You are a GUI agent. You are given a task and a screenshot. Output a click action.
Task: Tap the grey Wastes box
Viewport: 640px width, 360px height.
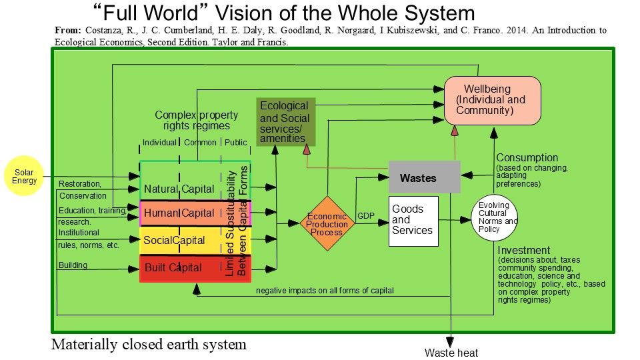coord(424,177)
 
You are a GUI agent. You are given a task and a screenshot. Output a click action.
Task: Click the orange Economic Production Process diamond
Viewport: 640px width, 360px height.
coord(327,223)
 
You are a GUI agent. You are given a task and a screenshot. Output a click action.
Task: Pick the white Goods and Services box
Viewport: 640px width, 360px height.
coord(413,221)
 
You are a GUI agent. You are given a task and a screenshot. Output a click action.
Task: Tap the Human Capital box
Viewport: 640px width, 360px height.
coord(180,213)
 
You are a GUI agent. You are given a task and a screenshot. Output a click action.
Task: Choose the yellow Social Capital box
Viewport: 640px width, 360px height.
coord(180,240)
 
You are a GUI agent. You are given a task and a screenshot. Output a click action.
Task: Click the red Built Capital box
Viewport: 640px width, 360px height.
coord(180,268)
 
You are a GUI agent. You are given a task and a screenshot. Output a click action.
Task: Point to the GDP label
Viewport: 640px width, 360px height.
coord(366,216)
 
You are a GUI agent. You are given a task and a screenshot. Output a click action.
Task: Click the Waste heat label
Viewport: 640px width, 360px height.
coord(451,353)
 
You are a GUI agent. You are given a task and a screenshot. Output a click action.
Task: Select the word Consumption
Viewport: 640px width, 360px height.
coord(527,158)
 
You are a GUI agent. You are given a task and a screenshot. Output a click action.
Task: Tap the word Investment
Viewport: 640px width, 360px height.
coord(524,251)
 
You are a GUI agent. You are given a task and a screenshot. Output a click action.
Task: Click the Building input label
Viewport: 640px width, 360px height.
coord(73,265)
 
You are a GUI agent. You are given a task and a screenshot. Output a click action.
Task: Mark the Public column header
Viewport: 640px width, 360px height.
coord(235,142)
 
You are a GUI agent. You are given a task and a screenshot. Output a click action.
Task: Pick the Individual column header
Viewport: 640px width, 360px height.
coord(159,142)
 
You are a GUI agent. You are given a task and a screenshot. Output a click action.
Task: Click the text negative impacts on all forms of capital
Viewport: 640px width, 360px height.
coord(325,290)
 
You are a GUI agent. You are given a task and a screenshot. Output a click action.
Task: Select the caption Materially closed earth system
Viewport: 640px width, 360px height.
coord(149,345)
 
